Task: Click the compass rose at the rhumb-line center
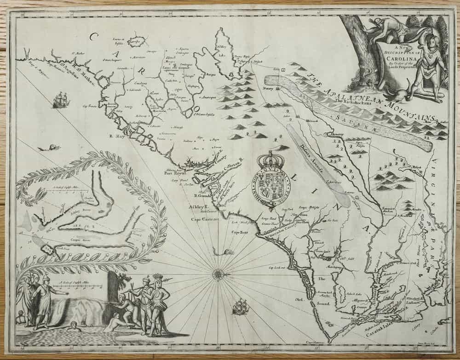tap(218, 274)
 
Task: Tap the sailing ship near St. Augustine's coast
tap(61, 100)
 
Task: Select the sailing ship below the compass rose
tap(240, 307)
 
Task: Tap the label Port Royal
tap(177, 174)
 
